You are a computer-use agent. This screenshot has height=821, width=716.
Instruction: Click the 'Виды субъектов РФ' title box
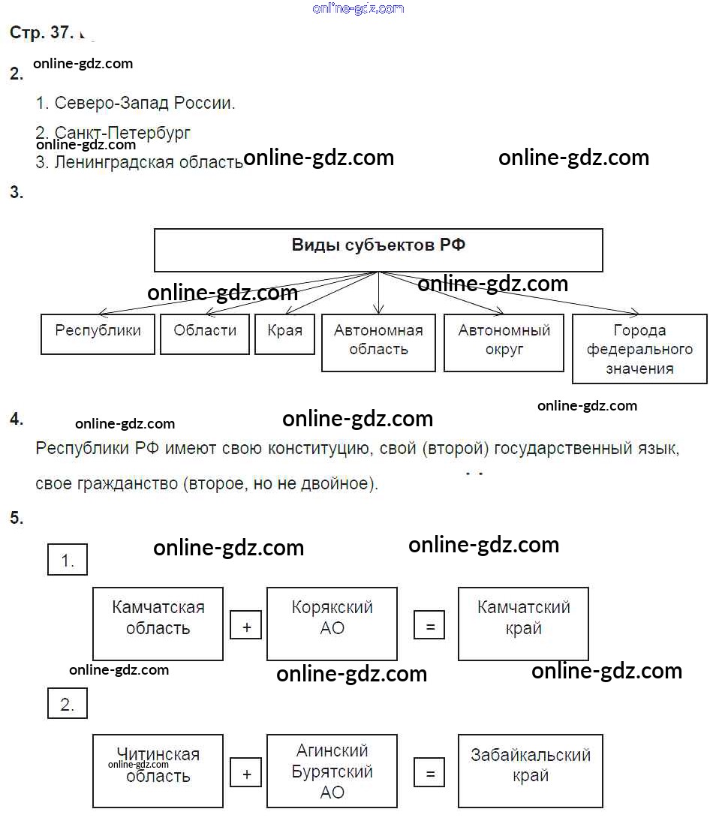378,250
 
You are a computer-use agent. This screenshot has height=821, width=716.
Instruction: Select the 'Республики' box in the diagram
98,334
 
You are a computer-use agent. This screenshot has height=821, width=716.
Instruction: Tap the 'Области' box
204,334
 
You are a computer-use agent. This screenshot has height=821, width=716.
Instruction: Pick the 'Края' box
284,334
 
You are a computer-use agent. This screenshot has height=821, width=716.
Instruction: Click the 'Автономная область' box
378,342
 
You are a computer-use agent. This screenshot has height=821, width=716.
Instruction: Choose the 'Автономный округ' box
504,342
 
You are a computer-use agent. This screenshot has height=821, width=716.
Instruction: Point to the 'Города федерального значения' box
639,349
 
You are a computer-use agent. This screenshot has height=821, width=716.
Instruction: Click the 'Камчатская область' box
158,624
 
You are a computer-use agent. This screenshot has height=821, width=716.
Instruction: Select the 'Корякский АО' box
332,624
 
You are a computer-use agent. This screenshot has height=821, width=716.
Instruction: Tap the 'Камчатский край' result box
523,624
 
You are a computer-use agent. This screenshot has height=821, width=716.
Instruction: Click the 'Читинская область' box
158,771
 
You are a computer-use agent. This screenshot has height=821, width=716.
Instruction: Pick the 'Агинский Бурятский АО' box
332,771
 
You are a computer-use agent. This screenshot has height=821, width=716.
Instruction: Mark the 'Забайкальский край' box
530,771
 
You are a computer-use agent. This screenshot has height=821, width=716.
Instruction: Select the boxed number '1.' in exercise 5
68,560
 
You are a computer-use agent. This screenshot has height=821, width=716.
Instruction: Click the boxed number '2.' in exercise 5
68,704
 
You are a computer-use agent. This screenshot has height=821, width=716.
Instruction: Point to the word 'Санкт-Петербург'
122,133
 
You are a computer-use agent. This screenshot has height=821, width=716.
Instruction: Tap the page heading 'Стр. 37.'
41,33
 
